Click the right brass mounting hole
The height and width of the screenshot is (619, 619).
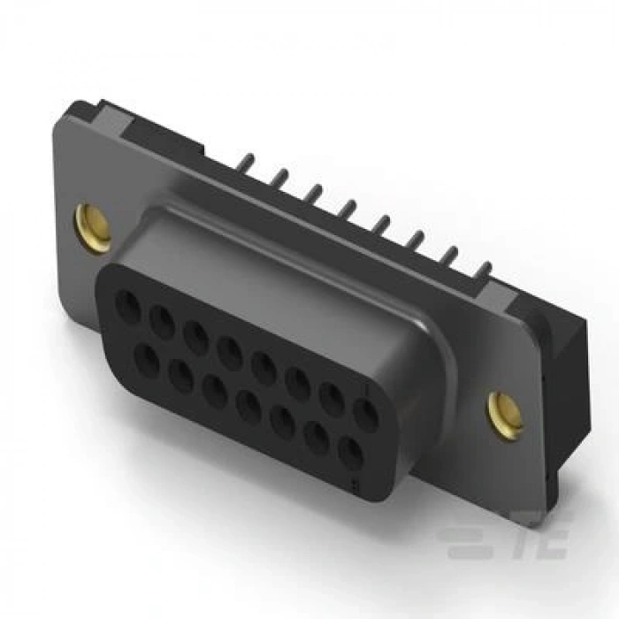(506, 411)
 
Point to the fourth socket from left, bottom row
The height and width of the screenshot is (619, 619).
(249, 408)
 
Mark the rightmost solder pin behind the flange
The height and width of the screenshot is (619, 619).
(485, 267)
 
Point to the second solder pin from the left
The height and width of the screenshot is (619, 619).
(280, 177)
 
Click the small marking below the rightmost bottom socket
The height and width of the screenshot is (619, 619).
(355, 483)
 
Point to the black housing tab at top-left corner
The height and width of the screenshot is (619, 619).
(84, 111)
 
